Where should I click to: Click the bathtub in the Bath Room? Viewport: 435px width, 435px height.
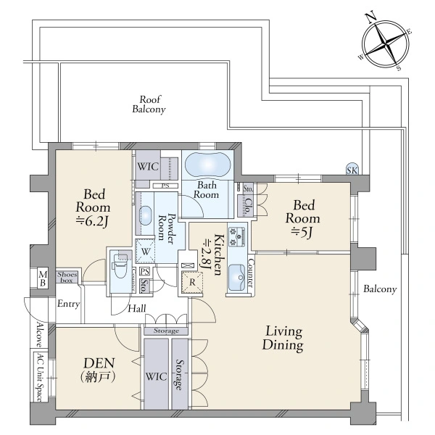pos(207,165)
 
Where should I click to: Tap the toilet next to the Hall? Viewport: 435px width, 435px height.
pos(120,267)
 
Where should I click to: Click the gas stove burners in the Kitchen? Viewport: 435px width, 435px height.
pos(236,236)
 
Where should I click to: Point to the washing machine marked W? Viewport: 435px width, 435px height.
pos(145,252)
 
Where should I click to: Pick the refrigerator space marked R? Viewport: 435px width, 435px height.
pos(192,283)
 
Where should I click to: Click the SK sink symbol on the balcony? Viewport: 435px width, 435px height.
pos(352,169)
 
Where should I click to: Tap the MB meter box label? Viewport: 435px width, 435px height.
pos(43,279)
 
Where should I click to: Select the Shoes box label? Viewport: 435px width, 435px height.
pos(67,277)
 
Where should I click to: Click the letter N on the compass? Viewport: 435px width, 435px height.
pos(371,17)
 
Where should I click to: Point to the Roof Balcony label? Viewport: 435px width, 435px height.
pos(149,104)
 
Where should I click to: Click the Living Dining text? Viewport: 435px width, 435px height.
pos(283,339)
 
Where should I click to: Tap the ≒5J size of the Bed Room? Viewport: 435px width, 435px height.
pos(302,233)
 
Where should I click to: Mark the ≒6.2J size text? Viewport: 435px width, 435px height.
pos(92,221)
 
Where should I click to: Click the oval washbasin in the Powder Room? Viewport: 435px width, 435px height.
pos(146,215)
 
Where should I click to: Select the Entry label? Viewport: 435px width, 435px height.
pos(69,304)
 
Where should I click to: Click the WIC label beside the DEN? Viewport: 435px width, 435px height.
pos(156,376)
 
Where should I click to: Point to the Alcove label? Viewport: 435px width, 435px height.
pos(40,335)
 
